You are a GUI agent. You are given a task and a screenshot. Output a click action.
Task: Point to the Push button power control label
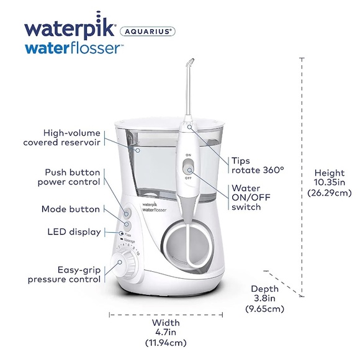click(x=72, y=176)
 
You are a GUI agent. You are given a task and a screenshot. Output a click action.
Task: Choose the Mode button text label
click(x=71, y=210)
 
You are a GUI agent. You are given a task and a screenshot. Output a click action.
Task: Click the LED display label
click(x=74, y=232)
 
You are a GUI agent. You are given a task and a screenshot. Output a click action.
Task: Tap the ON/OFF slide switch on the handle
click(x=189, y=166)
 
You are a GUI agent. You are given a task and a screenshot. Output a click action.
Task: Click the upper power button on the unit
click(x=127, y=212)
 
